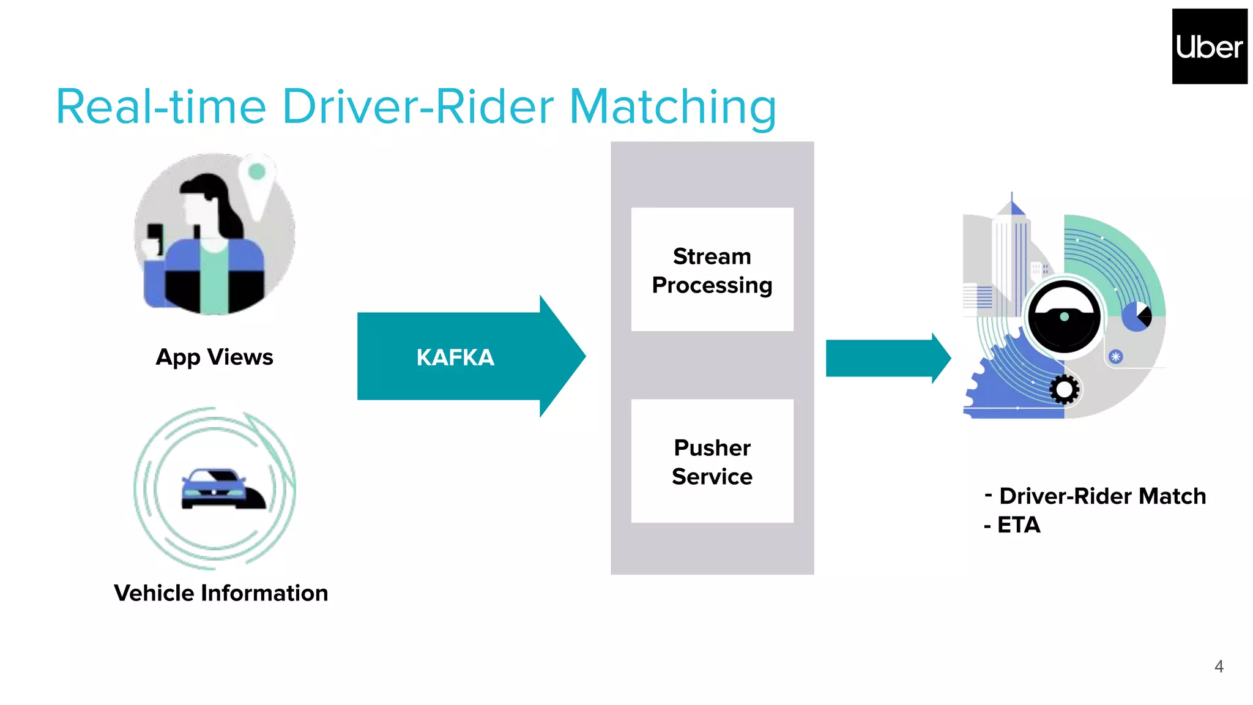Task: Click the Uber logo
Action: (x=1209, y=47)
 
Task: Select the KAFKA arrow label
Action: (x=455, y=357)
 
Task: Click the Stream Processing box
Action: (x=712, y=270)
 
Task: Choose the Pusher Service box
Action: (x=712, y=461)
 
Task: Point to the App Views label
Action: (x=214, y=357)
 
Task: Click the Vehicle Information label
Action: (x=221, y=593)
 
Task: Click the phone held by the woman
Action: (x=155, y=236)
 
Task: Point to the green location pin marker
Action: (x=257, y=172)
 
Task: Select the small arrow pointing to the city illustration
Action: (x=887, y=358)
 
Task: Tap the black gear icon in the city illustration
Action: (x=1065, y=389)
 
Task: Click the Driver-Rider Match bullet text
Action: (x=1101, y=496)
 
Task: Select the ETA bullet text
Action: (x=1018, y=525)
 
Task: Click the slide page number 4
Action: (x=1219, y=666)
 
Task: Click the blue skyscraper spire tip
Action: (x=1012, y=197)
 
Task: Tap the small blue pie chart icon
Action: (x=1136, y=316)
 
